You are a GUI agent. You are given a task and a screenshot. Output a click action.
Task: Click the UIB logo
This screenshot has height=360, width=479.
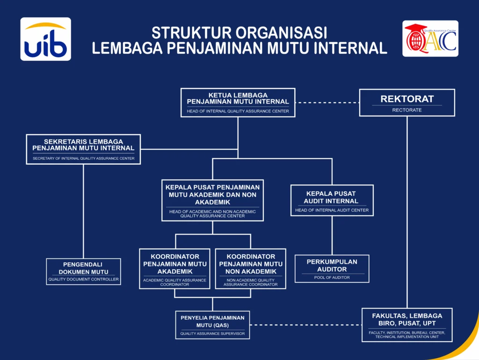coord(46,39)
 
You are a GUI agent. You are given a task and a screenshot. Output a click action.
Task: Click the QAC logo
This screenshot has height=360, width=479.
coord(430,38)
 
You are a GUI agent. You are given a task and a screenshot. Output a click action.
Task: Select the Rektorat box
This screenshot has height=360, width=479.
coord(407,103)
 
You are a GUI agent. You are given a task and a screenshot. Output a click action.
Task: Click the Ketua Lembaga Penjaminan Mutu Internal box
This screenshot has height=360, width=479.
coord(238,103)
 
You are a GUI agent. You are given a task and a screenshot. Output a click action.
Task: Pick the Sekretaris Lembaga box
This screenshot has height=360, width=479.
coord(83,149)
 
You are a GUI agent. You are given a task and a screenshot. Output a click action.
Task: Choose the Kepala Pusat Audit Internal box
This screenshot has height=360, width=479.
coord(332,200)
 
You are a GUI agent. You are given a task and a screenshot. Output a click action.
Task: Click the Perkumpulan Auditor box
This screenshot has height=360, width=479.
coord(332,269)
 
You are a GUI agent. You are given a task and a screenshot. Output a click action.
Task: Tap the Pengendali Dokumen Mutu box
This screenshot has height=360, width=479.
coord(83,272)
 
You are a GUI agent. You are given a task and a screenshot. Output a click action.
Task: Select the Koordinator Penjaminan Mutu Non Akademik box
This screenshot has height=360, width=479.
coord(251,269)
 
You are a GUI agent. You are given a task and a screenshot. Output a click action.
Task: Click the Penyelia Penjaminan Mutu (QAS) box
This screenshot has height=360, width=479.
coord(212,325)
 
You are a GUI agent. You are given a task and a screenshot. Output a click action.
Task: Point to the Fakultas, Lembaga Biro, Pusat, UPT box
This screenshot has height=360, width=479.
coord(407,325)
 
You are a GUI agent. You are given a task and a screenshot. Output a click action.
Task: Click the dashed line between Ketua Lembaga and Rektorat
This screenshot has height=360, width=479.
coord(327,103)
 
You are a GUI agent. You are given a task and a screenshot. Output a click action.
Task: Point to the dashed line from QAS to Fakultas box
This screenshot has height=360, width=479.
coord(306,325)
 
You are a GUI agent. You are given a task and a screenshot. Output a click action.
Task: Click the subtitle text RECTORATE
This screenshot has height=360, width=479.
coord(407,110)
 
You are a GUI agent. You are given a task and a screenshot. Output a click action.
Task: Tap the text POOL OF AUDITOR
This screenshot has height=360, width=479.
coord(332,278)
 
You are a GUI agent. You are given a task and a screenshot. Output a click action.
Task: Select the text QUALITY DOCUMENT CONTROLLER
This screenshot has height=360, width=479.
coord(83,279)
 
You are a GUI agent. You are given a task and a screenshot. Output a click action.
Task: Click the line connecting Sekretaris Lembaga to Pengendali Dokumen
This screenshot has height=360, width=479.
coord(83,212)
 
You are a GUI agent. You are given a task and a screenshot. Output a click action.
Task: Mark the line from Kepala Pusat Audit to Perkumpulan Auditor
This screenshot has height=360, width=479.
coord(332,235)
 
